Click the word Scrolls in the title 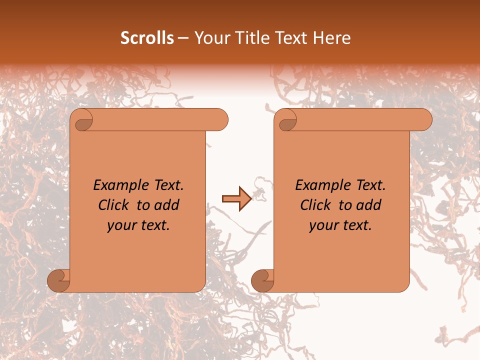(147, 38)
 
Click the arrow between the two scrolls (236, 199)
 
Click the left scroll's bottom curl (58, 280)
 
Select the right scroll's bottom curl (262, 280)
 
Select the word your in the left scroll (120, 225)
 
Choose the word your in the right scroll (322, 225)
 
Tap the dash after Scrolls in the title (183, 38)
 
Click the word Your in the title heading (210, 38)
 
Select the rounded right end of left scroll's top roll (220, 119)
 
